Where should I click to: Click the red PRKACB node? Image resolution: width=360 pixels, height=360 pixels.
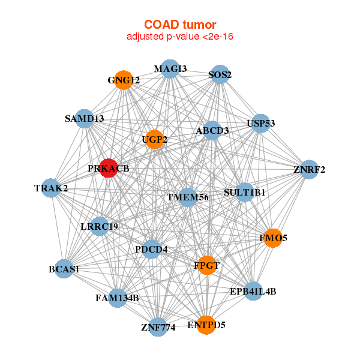[109, 168]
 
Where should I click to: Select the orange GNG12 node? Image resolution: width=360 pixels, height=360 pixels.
[124, 80]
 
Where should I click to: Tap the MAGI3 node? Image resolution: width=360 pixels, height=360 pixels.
[170, 69]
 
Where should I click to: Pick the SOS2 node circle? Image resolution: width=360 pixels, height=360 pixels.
[220, 75]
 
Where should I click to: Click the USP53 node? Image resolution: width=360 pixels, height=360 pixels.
[260, 124]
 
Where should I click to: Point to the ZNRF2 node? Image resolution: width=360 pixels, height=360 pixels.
[309, 169]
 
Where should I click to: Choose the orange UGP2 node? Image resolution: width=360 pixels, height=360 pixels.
[154, 140]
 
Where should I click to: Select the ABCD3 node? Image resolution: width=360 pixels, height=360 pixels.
[212, 130]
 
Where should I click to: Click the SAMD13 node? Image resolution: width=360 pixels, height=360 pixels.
[85, 119]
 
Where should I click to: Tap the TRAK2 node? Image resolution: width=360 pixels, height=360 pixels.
[51, 188]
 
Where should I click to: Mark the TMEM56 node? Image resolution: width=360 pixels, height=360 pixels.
[188, 197]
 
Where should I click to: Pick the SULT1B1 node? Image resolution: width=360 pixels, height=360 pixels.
[244, 193]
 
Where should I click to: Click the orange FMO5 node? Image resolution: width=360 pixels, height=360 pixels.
[273, 238]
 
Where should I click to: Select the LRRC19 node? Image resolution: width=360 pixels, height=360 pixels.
[100, 226]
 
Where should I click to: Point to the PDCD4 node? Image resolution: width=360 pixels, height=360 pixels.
[151, 249]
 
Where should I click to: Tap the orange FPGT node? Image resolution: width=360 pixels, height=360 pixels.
[206, 265]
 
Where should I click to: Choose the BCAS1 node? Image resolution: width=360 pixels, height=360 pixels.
[64, 269]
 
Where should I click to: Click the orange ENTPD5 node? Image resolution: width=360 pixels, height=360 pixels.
[206, 325]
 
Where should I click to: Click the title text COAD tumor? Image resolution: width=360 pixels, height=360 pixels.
[180, 25]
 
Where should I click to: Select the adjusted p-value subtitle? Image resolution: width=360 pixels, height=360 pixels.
[180, 37]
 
